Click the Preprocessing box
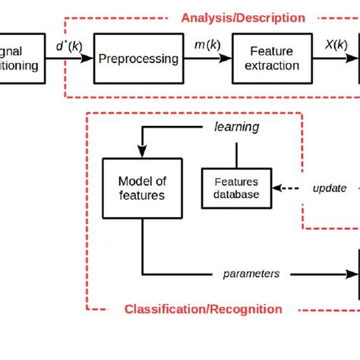tap(138, 58)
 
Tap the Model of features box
tap(141, 188)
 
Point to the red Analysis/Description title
tap(242, 17)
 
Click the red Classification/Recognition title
tap(203, 309)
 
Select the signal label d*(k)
tap(70, 46)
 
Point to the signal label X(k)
tap(336, 46)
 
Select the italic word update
tap(330, 188)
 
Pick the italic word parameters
tap(251, 273)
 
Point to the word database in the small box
tap(235, 194)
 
